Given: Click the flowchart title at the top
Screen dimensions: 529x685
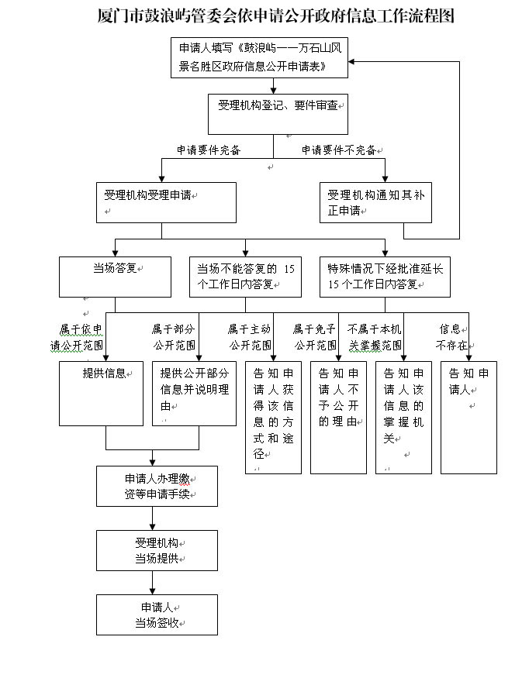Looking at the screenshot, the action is (276, 15).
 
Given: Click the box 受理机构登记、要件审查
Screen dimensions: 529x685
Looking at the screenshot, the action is (278, 114).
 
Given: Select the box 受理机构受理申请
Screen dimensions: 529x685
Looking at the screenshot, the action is (166, 203).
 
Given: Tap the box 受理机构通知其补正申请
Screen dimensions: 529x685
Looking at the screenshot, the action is (375, 203).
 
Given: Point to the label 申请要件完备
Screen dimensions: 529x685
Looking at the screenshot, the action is (209, 150).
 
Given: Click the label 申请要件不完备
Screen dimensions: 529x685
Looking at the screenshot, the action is (339, 150).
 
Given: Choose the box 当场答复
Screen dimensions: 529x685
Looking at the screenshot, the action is (115, 277).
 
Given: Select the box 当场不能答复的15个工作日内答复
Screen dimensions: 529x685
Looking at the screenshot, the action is (245, 277).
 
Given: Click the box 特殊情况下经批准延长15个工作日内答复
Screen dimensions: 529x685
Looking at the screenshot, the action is (385, 277).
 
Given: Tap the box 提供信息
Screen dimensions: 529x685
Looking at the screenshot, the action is (101, 394).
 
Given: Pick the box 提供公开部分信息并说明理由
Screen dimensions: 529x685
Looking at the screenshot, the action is (194, 394).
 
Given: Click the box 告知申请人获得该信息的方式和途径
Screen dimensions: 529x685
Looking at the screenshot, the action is (273, 418).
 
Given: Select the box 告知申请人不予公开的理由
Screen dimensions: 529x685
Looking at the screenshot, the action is (338, 418).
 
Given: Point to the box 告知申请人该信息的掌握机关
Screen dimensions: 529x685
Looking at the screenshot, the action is (403, 418).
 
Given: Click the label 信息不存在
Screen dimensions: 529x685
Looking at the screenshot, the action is (451, 337).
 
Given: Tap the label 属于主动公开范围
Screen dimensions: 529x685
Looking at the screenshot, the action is (250, 337).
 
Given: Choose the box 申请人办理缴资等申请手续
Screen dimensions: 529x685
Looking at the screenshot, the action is (157, 486).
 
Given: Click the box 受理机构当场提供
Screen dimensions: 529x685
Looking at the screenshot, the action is (157, 550).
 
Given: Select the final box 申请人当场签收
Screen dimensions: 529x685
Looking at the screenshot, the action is (157, 614).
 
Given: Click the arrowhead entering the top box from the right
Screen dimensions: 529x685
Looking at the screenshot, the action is (351, 61).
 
